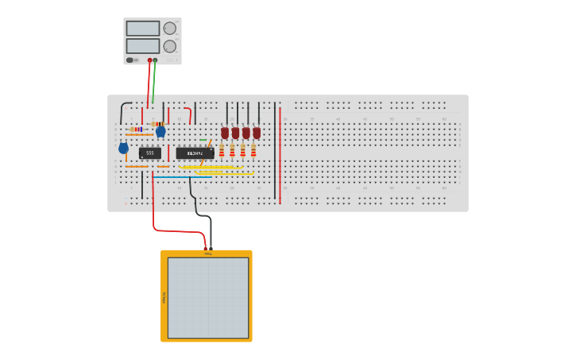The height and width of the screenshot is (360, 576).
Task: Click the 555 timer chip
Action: (x=149, y=153)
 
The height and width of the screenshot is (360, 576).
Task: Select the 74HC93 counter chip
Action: (x=195, y=153)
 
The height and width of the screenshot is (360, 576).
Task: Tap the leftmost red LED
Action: (x=225, y=133)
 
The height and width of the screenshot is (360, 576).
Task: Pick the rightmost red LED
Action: (x=257, y=133)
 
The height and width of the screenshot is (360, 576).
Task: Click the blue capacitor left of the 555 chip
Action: (x=123, y=148)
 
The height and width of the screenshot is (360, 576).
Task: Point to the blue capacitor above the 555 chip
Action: (x=160, y=131)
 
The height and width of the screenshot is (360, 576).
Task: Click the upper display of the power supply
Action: (x=142, y=29)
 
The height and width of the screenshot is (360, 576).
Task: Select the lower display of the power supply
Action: (x=142, y=46)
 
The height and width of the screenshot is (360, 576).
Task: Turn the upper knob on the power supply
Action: (x=170, y=29)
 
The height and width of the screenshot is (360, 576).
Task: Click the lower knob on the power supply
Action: (x=170, y=46)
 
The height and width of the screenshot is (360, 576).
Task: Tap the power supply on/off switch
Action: (x=132, y=60)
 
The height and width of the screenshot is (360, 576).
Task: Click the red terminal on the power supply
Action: (x=149, y=60)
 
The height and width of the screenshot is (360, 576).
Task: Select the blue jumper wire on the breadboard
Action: (x=183, y=176)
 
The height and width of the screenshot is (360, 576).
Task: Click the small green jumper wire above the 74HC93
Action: (x=203, y=141)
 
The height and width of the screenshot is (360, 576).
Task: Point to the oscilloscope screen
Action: (x=207, y=297)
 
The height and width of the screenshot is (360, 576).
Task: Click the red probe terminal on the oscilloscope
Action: (x=205, y=250)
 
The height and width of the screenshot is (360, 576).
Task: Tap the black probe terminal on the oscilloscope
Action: (x=211, y=250)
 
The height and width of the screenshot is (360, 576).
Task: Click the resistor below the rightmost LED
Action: (x=253, y=150)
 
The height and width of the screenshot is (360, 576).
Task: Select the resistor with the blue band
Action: (x=137, y=129)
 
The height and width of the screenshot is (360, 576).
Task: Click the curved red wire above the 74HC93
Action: (x=189, y=114)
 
